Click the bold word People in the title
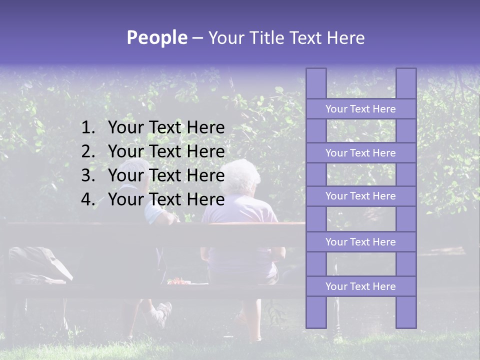[156, 37]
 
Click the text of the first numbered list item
[166, 128]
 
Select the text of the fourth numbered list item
[166, 199]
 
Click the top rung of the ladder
[360, 109]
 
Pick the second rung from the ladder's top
[360, 153]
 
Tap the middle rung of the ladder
[360, 196]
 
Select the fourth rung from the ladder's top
[360, 242]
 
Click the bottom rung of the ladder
[360, 286]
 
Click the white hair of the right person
[241, 176]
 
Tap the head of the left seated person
[136, 172]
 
